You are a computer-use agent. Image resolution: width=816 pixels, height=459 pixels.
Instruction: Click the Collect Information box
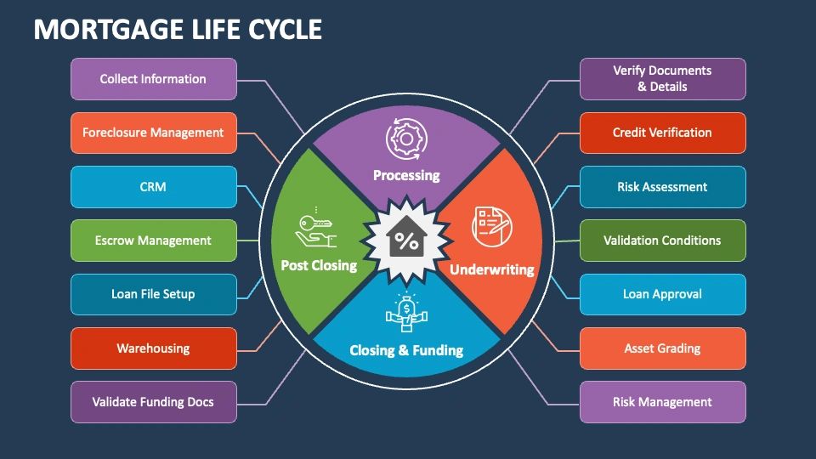(x=154, y=79)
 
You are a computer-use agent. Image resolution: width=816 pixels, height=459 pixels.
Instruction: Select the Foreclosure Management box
(x=154, y=133)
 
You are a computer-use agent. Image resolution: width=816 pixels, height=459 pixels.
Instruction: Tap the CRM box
(x=154, y=187)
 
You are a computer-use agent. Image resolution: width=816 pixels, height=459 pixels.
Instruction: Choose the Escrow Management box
(x=154, y=241)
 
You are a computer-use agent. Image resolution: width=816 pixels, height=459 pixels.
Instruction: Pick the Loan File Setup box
(x=154, y=294)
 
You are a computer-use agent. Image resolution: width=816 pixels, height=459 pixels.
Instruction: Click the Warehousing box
(x=154, y=348)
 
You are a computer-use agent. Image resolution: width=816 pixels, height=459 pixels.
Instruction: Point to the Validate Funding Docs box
(x=154, y=402)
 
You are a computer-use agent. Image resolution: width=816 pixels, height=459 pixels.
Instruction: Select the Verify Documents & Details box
(x=662, y=79)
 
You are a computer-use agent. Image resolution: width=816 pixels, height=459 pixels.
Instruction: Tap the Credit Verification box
(x=662, y=133)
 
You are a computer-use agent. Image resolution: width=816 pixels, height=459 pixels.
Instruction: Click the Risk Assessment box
(x=662, y=187)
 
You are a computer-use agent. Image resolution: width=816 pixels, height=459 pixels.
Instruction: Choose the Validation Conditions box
(x=662, y=241)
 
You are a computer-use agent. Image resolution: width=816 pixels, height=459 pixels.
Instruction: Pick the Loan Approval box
(x=662, y=294)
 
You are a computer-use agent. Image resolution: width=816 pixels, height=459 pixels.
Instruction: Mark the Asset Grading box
(x=662, y=348)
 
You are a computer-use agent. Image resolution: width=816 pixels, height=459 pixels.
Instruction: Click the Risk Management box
(x=662, y=402)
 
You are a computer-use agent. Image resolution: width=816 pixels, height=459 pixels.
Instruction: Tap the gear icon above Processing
(x=406, y=139)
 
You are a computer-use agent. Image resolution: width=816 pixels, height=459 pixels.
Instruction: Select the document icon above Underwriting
(x=492, y=226)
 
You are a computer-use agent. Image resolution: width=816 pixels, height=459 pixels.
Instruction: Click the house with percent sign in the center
(x=406, y=237)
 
